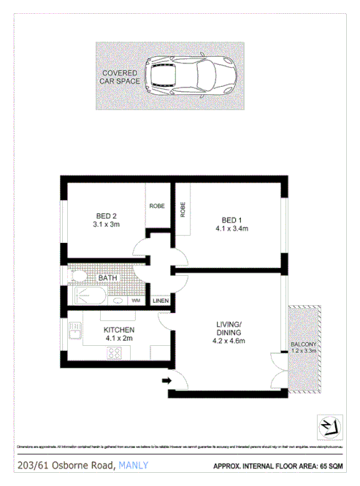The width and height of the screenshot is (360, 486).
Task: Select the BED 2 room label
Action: pyautogui.click(x=107, y=220)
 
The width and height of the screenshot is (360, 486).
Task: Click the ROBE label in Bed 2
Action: pyautogui.click(x=157, y=207)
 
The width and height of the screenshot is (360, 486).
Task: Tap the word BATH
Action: pyautogui.click(x=107, y=278)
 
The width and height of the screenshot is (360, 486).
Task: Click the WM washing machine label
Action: pyautogui.click(x=135, y=301)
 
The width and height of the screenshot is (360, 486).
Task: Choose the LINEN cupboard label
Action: pyautogui.click(x=161, y=301)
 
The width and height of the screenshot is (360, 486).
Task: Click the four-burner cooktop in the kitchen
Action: pyautogui.click(x=115, y=353)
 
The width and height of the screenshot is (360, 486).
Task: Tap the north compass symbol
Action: pyautogui.click(x=328, y=425)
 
